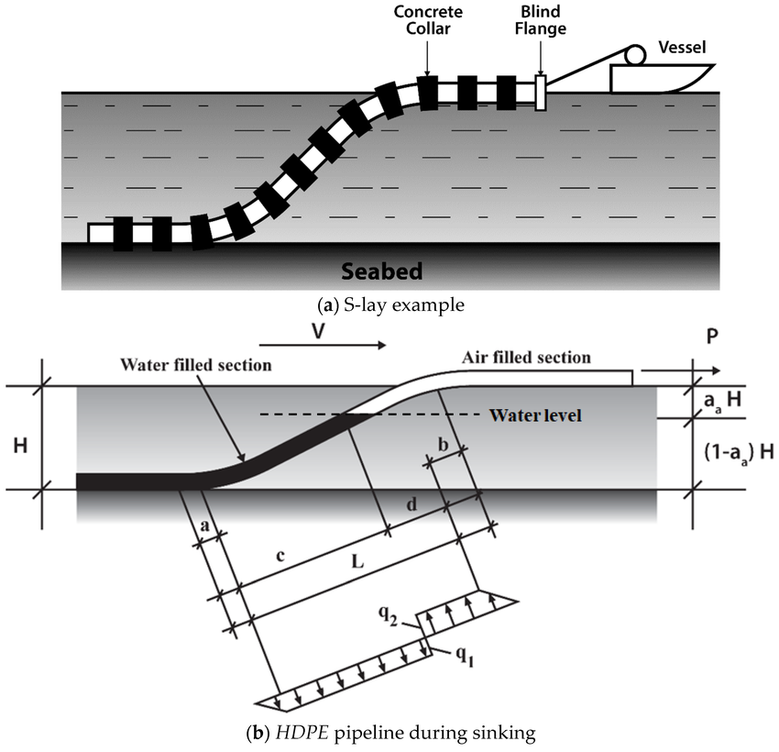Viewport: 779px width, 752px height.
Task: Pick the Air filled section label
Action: (527, 357)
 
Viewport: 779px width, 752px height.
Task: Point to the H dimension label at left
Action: (17, 447)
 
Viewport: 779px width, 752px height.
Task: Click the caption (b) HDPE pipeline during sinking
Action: (389, 734)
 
